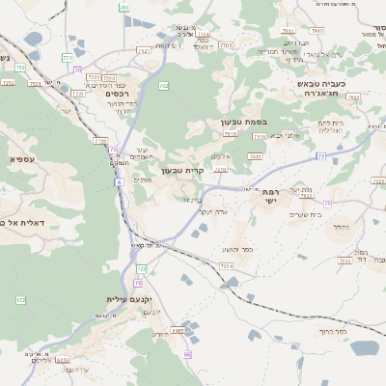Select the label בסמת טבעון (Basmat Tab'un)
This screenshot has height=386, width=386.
coord(242,123)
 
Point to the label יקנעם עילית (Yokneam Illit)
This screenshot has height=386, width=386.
coord(127,299)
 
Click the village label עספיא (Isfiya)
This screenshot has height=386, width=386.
coord(21,158)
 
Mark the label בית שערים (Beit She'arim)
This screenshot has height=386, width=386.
coord(302,213)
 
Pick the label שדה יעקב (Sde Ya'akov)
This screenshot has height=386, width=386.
coord(212,210)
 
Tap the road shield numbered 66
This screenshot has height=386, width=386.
coord(188,355)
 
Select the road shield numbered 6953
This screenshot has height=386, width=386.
coord(178,331)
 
